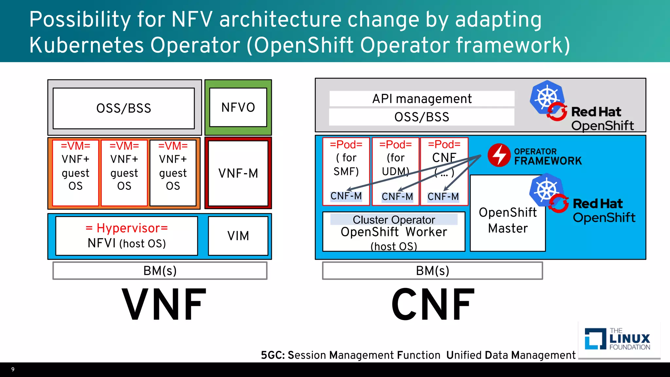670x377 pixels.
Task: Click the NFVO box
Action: [x=238, y=107]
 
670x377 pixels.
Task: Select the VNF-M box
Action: [x=238, y=173]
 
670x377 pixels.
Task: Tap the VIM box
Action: [x=238, y=236]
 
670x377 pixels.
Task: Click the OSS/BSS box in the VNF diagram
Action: [x=124, y=108]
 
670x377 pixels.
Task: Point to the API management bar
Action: [x=422, y=99]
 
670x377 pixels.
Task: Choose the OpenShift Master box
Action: [x=507, y=220]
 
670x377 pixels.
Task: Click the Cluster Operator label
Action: [x=394, y=220]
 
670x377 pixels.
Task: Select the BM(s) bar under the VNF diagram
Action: [x=160, y=271]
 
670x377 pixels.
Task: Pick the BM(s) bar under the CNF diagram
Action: [x=432, y=271]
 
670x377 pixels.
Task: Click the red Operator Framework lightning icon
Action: [x=499, y=155]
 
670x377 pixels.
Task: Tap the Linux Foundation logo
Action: [x=617, y=339]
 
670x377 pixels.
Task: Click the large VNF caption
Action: [x=164, y=304]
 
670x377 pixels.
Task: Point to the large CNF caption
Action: [x=432, y=304]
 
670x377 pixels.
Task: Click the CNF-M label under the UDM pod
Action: [x=397, y=197]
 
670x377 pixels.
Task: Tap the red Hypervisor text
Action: [x=127, y=228]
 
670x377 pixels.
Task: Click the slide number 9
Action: [x=13, y=369]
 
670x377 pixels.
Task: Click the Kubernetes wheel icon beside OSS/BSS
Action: [x=547, y=97]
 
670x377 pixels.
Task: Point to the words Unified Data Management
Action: [x=510, y=355]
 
